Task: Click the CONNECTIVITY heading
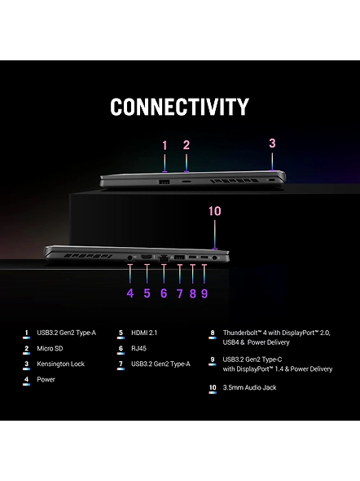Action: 179,107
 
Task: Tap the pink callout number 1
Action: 165,145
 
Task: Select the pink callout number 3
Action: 272,143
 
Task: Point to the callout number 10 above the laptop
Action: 214,211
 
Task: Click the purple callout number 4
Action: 130,293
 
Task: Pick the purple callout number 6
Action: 164,293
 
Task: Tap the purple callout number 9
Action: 204,293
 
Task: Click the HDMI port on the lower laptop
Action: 147,257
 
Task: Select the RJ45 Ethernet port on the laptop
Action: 164,258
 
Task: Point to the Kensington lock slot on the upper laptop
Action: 271,180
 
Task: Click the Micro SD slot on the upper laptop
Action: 186,182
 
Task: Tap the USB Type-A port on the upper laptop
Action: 165,182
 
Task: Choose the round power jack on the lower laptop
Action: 130,258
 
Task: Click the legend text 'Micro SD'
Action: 50,348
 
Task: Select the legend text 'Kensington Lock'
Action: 60,364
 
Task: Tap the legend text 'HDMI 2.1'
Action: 144,333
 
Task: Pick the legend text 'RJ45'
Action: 138,348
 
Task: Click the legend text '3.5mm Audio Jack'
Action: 249,387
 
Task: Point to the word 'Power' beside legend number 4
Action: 46,379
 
